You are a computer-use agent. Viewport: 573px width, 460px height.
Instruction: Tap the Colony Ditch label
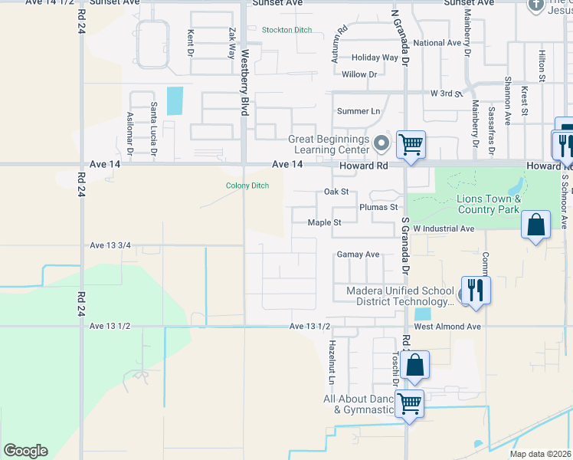[247, 186]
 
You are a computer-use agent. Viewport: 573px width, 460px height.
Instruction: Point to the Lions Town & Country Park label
[488, 204]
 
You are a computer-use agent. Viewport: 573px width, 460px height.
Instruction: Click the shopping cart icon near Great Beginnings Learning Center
[411, 143]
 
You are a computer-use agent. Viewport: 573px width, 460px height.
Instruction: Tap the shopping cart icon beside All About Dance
[410, 402]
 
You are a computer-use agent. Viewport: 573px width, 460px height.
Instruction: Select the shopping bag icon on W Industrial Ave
[536, 225]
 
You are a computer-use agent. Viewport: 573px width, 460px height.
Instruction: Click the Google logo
[25, 451]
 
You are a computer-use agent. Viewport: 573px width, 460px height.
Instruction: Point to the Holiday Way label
[375, 58]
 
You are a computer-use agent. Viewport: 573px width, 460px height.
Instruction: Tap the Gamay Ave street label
[358, 255]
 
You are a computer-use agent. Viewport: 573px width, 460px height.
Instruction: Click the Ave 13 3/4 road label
[111, 245]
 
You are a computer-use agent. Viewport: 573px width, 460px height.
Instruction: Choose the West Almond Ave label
[447, 327]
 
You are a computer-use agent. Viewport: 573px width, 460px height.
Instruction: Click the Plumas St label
[378, 207]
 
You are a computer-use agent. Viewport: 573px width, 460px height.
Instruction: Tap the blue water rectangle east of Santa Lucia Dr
[175, 100]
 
